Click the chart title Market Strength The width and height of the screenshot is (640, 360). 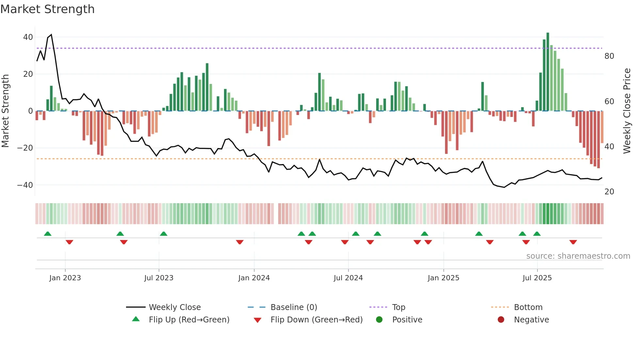point(48,9)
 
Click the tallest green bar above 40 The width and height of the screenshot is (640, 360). point(548,72)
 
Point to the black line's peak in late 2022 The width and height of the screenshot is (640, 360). point(51,35)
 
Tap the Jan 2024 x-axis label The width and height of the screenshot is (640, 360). point(254,278)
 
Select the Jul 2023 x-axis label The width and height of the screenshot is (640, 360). point(159,278)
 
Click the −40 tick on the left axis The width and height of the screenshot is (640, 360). point(25,185)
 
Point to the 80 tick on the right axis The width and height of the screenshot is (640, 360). point(609,56)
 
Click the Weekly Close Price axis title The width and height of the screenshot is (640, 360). point(627,111)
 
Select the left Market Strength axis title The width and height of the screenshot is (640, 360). point(6,111)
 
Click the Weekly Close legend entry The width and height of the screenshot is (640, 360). point(174,307)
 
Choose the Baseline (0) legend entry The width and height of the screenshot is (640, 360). point(294,307)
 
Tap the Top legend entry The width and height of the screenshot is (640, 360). point(398,307)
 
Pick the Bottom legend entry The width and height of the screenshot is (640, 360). point(528,307)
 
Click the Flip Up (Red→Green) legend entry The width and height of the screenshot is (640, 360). point(189,320)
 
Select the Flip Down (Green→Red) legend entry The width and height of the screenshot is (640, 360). point(316,320)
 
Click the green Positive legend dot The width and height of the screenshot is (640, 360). point(379,319)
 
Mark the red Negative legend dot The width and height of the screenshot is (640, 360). point(501,319)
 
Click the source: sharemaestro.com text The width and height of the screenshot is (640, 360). point(578,256)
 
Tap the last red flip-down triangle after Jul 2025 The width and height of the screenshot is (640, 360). point(573,242)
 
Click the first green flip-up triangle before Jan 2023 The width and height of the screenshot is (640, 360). point(48,234)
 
